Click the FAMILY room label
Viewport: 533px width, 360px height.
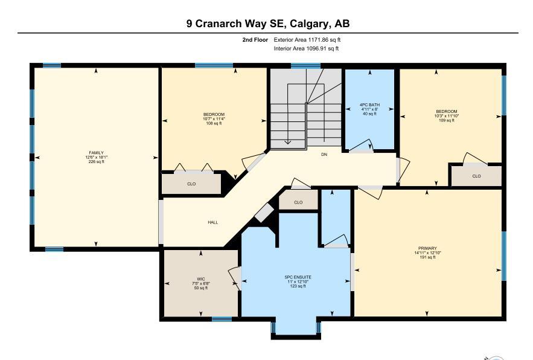[x=96, y=153]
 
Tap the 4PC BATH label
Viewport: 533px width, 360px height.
[x=370, y=105]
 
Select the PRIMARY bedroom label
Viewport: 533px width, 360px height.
[x=427, y=248]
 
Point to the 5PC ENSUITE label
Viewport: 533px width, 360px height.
[x=298, y=277]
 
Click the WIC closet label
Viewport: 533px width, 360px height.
[x=201, y=279]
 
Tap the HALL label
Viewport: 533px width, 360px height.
[x=213, y=222]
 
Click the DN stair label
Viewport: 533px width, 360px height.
[x=324, y=155]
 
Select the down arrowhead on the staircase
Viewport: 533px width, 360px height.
[x=287, y=141]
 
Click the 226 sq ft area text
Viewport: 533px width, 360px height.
[x=96, y=162]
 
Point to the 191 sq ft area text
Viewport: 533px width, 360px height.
[x=427, y=257]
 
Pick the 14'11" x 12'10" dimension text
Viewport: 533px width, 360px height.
[x=427, y=253]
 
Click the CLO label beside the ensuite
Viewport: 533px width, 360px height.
[x=298, y=202]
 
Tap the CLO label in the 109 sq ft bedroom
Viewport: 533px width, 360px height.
[x=477, y=176]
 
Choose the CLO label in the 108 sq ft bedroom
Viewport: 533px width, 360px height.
[x=191, y=184]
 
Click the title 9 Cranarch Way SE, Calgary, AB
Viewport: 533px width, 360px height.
[x=268, y=24]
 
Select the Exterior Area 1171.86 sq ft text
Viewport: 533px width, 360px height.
[x=307, y=40]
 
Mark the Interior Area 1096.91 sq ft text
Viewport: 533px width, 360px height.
[x=306, y=49]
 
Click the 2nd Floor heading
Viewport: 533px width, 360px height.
[x=255, y=40]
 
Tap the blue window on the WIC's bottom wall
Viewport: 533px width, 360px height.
[x=222, y=319]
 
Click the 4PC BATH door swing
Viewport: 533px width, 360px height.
[x=362, y=145]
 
